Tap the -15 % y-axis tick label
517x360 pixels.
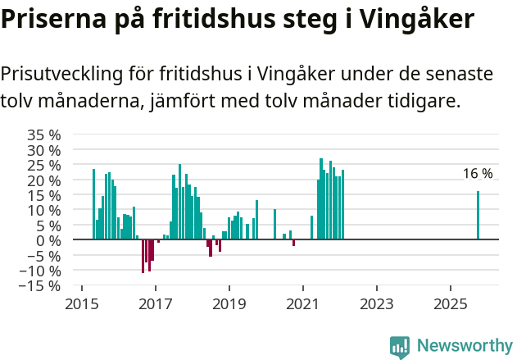pyautogui.click(x=39, y=285)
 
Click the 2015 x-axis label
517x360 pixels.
pyautogui.click(x=81, y=303)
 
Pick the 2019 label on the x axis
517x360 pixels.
pyautogui.click(x=229, y=303)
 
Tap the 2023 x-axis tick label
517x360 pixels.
pyautogui.click(x=376, y=303)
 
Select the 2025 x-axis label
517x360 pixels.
pyautogui.click(x=450, y=303)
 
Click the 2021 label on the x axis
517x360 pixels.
pyautogui.click(x=302, y=303)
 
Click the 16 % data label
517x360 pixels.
pyautogui.click(x=478, y=174)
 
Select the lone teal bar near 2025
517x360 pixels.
pyautogui.click(x=478, y=216)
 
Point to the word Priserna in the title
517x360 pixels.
pyautogui.click(x=48, y=19)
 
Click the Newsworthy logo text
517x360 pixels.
pyautogui.click(x=465, y=345)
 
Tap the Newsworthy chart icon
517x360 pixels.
pyautogui.click(x=400, y=347)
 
